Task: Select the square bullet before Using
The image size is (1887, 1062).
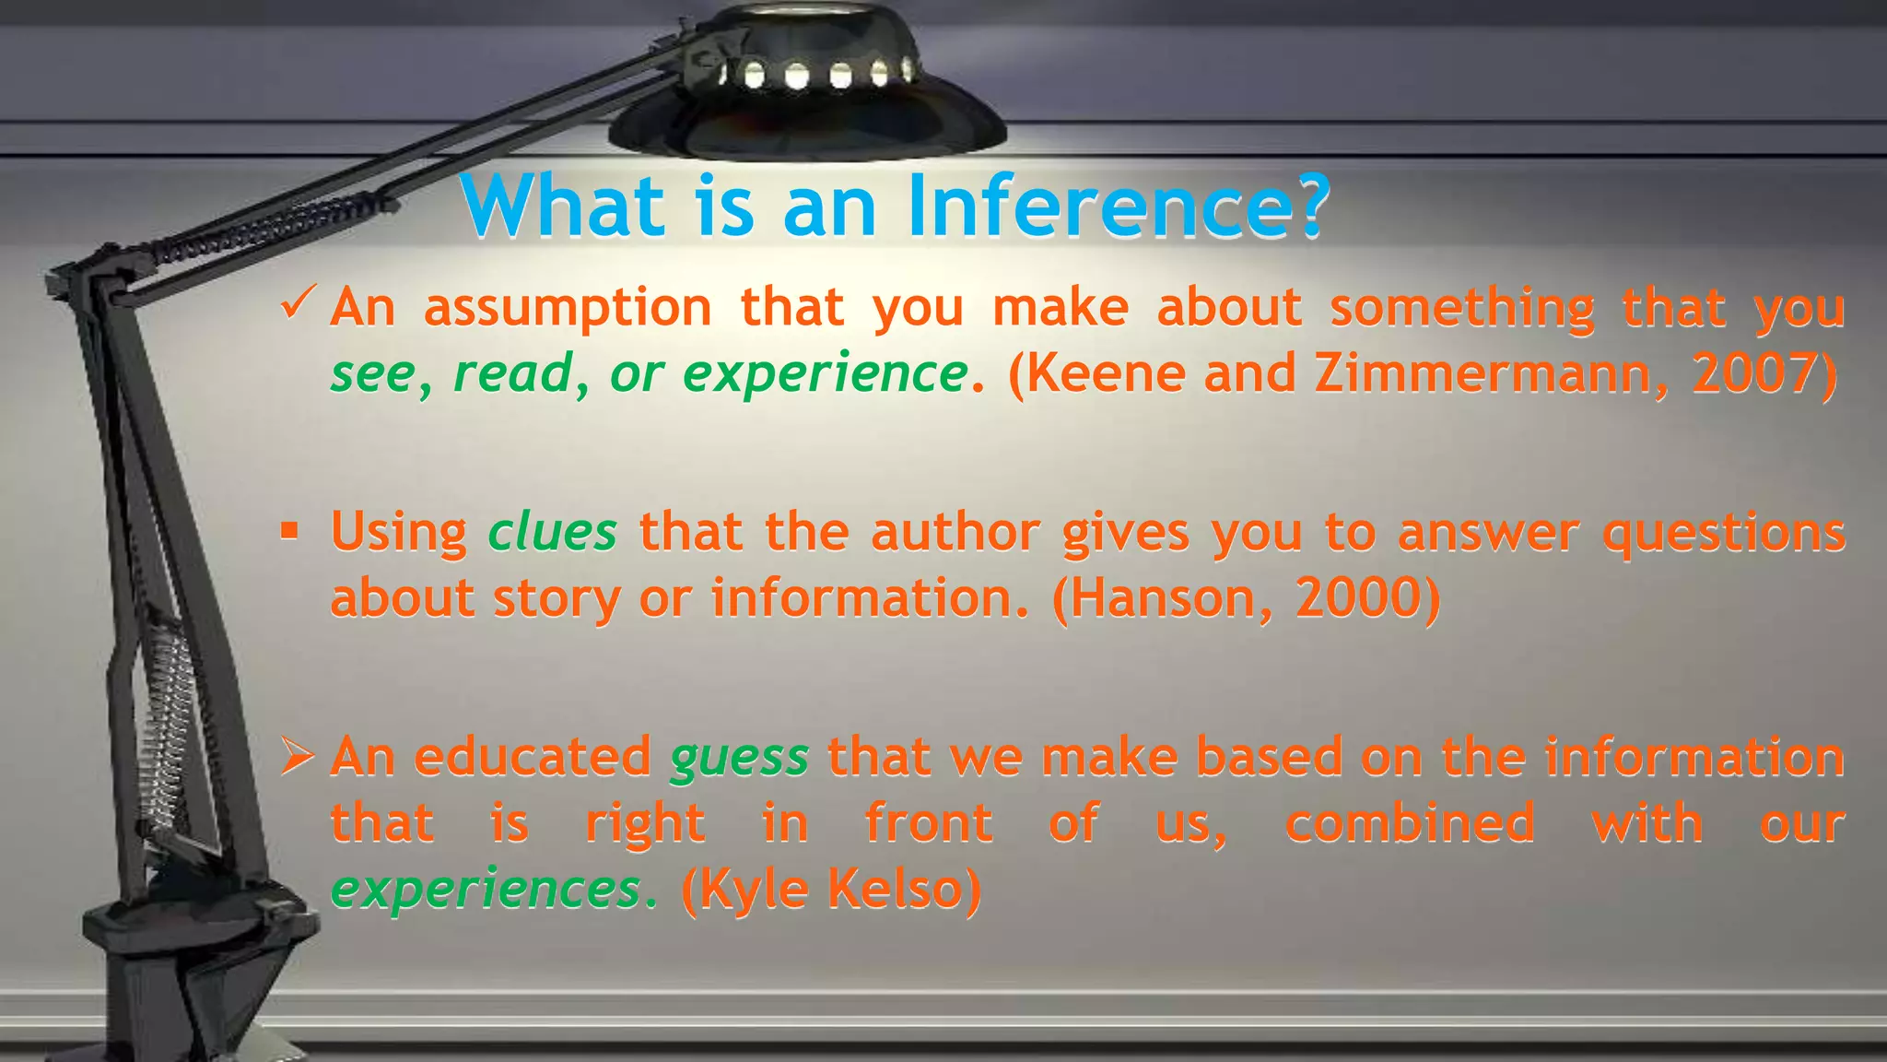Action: click(289, 531)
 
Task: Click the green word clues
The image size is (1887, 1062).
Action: click(552, 533)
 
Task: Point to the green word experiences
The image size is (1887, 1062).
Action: click(486, 889)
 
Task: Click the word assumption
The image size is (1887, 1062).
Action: click(568, 308)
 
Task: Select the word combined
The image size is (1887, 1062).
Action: click(1410, 823)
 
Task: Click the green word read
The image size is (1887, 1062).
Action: click(512, 374)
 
